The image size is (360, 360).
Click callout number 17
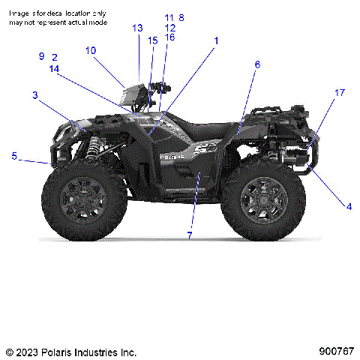pos(340,92)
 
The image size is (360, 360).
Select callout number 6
pos(257,64)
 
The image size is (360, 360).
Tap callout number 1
pos(217,40)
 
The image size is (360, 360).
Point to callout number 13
pos(137,28)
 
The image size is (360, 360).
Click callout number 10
pos(91,50)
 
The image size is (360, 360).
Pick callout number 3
pos(34,94)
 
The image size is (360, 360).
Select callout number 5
pos(13,155)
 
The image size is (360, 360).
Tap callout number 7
pos(189,235)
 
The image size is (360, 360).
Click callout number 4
pos(348,205)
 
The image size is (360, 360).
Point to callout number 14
pos(54,68)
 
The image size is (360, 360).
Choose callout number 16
pos(170,37)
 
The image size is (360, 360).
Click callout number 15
pos(152,40)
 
